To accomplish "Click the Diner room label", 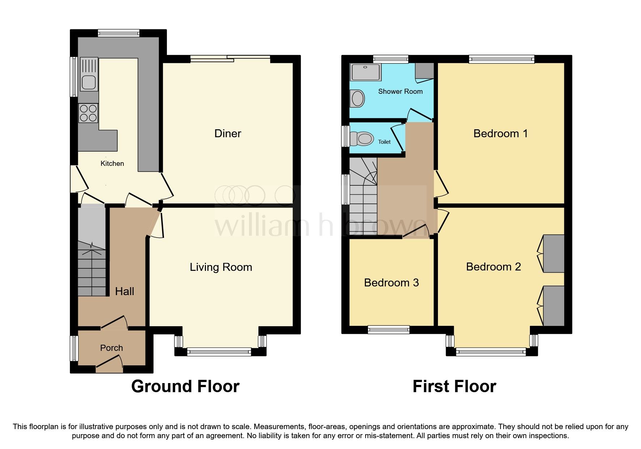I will tap(228, 134).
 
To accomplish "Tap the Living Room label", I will tap(221, 267).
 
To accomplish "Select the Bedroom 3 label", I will tap(391, 282).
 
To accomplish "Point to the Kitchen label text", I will tap(112, 163).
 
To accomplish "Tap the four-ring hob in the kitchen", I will tap(88, 113).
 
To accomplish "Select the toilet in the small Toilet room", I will tap(362, 139).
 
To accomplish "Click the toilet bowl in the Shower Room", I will tap(358, 98).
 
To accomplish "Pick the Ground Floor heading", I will tap(185, 386).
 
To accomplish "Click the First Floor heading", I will tap(454, 386).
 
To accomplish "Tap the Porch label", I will tap(111, 348).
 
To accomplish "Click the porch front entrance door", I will tap(110, 364).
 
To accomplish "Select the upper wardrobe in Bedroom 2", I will tap(554, 253).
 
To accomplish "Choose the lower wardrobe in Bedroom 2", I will tap(554, 306).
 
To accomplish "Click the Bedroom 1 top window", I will tap(501, 59).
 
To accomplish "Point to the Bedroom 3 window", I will tap(388, 330).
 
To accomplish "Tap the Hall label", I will tap(125, 291).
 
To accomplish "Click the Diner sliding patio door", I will tap(230, 58).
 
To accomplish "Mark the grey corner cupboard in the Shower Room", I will tap(425, 71).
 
